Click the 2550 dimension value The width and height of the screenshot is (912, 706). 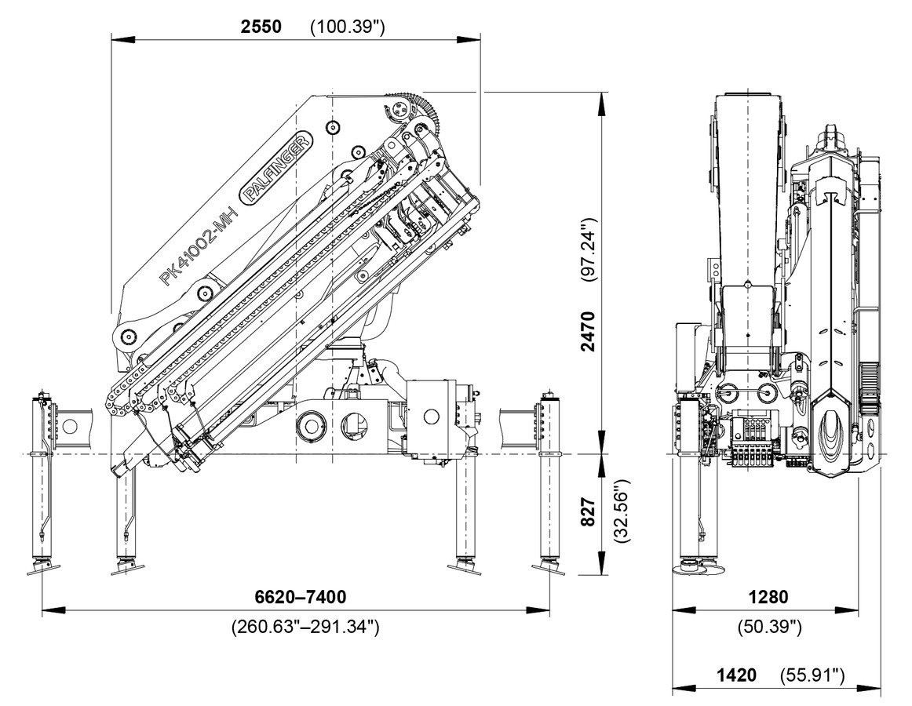[x=260, y=26]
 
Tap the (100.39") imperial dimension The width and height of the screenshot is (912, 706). [x=347, y=27]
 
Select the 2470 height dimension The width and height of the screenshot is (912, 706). [x=589, y=330]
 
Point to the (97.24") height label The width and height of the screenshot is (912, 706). [x=589, y=251]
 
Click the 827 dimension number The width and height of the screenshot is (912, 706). [x=589, y=511]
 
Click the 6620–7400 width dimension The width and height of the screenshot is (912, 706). [x=300, y=597]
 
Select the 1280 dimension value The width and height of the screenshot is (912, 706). [x=768, y=597]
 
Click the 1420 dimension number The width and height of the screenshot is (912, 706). [x=736, y=675]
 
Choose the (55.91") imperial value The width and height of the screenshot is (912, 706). [x=812, y=675]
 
